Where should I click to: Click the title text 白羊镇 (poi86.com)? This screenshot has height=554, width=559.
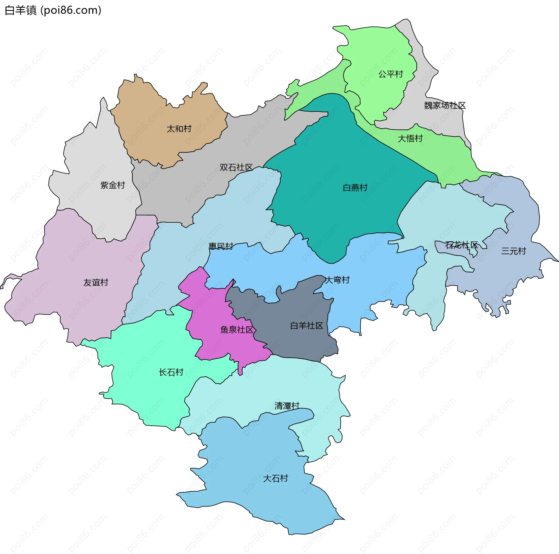(53, 10)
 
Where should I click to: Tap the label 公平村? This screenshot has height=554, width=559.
(390, 74)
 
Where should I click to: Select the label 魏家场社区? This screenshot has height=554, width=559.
(445, 105)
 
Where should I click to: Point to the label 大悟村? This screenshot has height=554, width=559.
(410, 138)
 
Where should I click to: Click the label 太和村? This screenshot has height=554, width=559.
(179, 129)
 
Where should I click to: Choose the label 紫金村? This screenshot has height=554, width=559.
(112, 185)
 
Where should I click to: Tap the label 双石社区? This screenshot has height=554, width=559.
(236, 168)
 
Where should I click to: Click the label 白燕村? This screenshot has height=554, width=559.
(355, 188)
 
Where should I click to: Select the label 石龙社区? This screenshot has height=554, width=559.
(461, 245)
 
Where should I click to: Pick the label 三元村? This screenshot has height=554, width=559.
(513, 251)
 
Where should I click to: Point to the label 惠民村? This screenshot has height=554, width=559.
(221, 247)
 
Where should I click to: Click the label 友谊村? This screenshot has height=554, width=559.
(96, 282)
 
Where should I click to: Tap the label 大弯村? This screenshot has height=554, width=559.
(337, 280)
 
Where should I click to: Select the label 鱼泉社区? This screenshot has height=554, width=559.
(237, 330)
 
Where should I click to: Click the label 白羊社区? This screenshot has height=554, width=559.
(307, 326)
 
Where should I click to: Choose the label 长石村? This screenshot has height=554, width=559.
(171, 372)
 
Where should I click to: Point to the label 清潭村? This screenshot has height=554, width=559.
(287, 406)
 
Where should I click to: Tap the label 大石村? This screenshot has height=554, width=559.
(275, 479)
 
